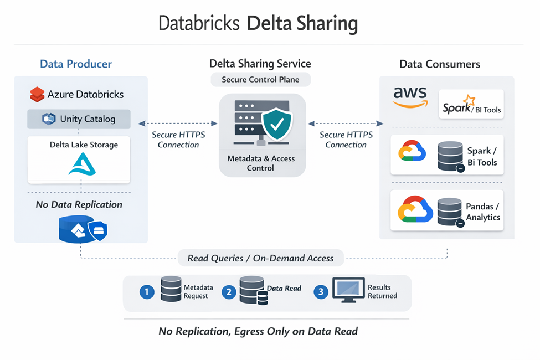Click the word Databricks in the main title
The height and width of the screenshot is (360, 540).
point(199,24)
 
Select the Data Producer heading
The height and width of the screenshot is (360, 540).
point(76,64)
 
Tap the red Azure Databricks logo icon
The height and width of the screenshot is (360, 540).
point(37,95)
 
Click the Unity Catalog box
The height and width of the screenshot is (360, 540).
point(79,119)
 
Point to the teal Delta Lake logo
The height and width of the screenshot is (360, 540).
point(82,164)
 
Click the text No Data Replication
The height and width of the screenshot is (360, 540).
point(79,204)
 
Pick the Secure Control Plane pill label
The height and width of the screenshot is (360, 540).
point(260,79)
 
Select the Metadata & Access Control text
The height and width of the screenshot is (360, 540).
point(261,163)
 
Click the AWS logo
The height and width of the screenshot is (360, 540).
point(410,97)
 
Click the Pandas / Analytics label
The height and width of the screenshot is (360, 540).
point(482,212)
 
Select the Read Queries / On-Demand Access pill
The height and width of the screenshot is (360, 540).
point(260,258)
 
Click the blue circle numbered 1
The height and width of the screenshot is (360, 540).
point(146,292)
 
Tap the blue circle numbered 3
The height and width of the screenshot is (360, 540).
point(321,292)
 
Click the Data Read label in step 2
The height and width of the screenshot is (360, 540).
point(284,288)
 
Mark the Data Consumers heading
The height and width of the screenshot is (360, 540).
point(440,64)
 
